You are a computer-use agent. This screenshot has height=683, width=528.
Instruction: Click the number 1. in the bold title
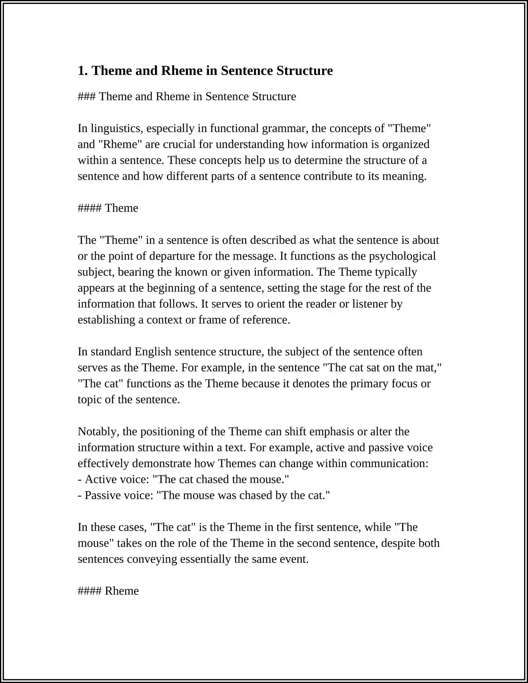(x=82, y=71)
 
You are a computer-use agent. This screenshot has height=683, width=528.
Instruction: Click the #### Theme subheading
(x=108, y=208)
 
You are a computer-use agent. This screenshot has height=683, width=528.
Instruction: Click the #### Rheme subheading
(x=108, y=591)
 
